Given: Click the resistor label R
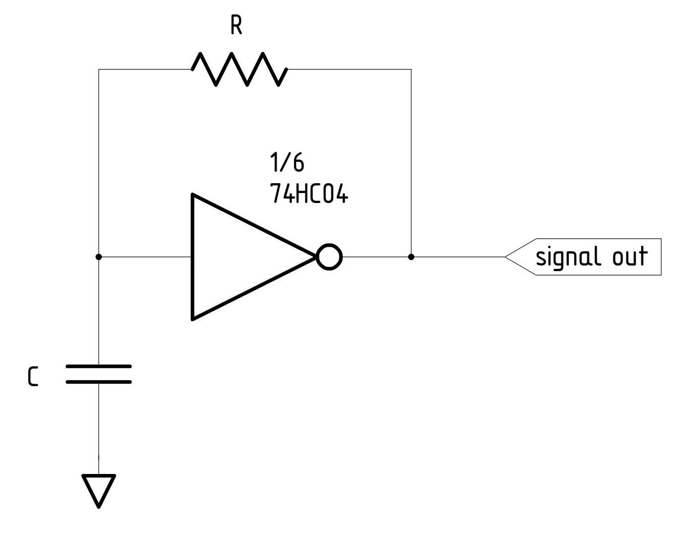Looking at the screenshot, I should coord(237,27).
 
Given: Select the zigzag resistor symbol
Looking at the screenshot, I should coord(239,69).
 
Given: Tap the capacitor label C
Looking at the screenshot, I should coord(32,378).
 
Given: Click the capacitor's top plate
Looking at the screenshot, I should coord(99,367).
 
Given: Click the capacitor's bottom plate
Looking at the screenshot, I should coord(99,382).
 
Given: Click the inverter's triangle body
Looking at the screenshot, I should coord(238,257).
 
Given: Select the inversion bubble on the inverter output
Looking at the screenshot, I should coord(329,257).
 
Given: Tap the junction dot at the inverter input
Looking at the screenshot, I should coord(99,257).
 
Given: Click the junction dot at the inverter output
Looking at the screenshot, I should coord(411,257).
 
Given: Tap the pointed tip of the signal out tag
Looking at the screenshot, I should coord(506,257).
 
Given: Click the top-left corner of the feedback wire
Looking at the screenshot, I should coord(99,69).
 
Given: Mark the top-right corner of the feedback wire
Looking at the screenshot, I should coord(411,69).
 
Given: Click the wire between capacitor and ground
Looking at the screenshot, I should coord(99,427).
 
